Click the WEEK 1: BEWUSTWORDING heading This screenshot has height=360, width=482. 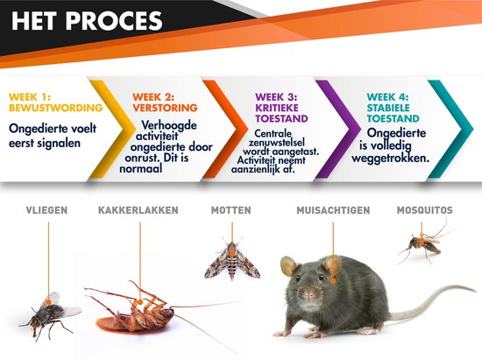[53, 102]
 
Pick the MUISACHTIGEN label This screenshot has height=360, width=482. [333, 210]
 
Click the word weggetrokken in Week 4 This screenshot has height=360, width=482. [397, 159]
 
